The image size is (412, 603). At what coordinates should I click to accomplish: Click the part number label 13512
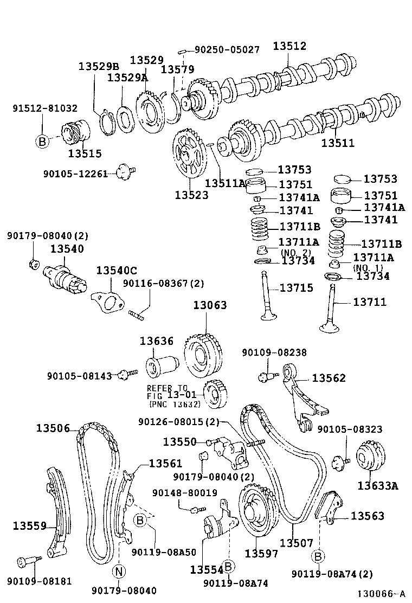point(289,46)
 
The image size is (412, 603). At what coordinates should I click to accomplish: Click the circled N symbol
point(119,572)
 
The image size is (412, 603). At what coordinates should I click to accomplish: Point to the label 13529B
point(98,66)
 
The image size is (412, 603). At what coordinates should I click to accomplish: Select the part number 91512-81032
point(44,108)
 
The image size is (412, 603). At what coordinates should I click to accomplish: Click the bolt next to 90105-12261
point(128,172)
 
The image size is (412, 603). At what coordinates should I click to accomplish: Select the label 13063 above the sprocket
point(210,305)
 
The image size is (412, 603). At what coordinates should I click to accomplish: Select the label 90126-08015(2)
point(178,421)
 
